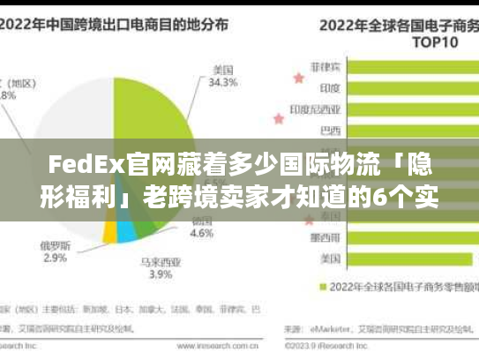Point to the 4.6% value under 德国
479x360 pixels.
(202, 234)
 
